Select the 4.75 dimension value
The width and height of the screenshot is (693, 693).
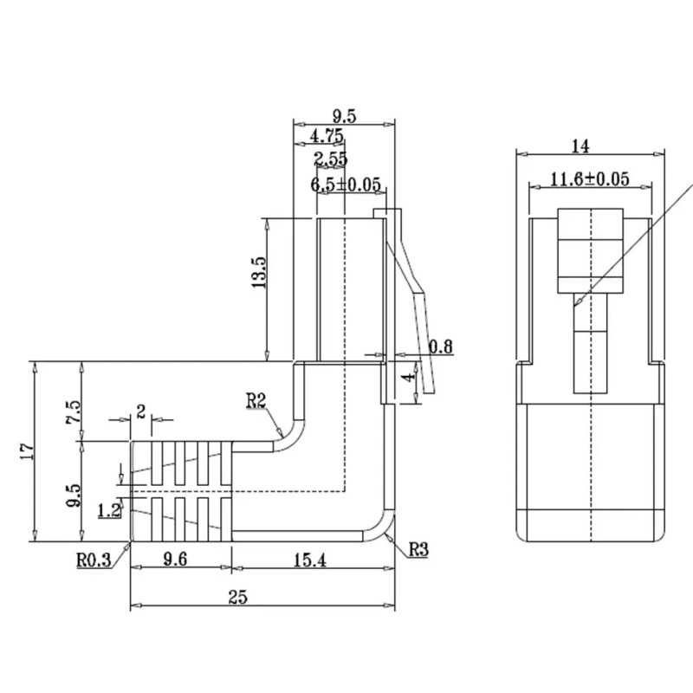click(x=327, y=136)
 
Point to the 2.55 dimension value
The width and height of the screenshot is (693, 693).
click(x=331, y=159)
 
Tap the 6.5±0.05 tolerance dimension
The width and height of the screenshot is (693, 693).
click(x=345, y=184)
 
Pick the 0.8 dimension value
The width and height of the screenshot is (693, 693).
click(x=441, y=347)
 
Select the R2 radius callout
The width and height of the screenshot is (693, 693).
click(x=256, y=399)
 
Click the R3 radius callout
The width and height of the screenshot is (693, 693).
click(x=418, y=547)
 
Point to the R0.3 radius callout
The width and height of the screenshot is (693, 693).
click(x=93, y=560)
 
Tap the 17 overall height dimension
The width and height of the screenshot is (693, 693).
click(x=25, y=450)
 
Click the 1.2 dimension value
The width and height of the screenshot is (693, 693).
click(x=109, y=510)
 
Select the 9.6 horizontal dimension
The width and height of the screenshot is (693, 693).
click(x=176, y=560)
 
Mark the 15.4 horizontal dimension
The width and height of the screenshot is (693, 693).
click(x=309, y=560)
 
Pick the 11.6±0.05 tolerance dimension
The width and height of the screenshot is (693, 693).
click(x=589, y=179)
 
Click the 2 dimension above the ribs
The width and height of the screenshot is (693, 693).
click(x=140, y=411)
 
